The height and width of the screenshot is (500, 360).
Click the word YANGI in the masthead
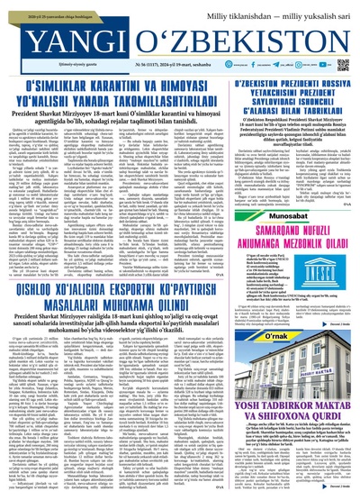coord(49,34)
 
